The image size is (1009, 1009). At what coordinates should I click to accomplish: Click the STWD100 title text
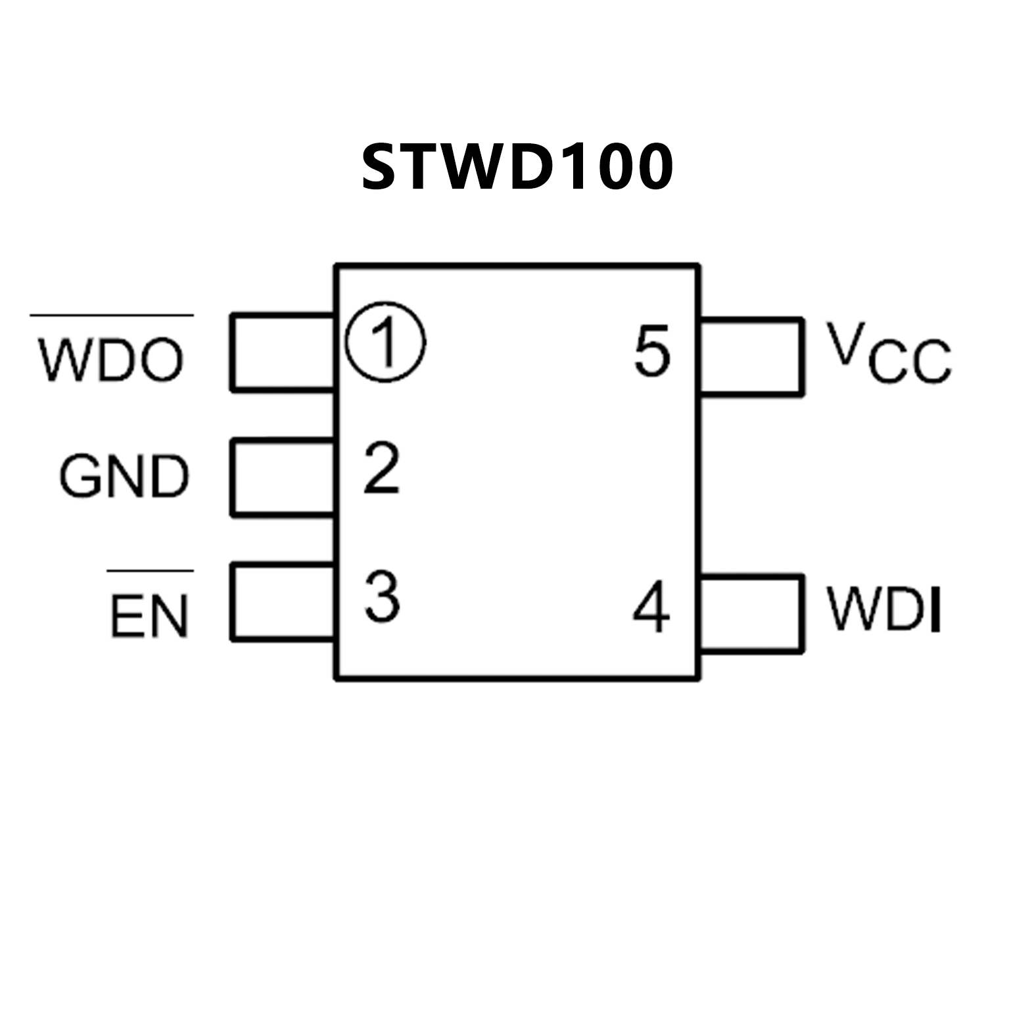pos(517,167)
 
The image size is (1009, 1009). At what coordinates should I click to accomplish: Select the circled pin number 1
pos(386,342)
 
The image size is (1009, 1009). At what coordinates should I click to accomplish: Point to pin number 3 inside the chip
pos(382,596)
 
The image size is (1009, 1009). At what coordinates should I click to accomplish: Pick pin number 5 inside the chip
pos(652,351)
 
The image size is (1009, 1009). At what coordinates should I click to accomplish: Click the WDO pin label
pos(110,360)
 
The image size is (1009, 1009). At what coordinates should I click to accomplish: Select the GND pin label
pos(124,476)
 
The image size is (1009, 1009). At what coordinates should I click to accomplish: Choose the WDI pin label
pos(885,607)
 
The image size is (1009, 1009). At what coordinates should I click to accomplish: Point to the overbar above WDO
pos(112,316)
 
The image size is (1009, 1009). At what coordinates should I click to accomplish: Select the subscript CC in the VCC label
pos(910,363)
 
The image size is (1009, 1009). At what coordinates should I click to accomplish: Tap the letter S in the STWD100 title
pos(381,167)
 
